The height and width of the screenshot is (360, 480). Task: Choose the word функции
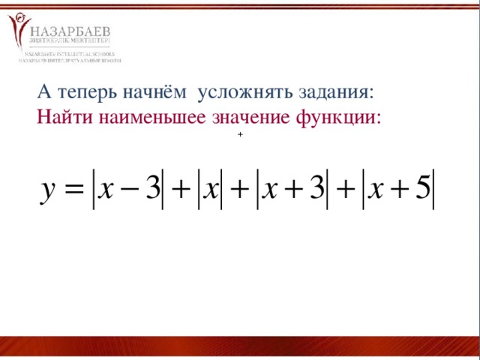[x=340, y=118]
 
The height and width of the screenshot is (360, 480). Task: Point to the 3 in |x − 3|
[x=154, y=187]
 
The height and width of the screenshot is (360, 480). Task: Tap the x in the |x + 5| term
[x=375, y=188]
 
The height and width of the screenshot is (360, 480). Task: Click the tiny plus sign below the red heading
[x=239, y=134]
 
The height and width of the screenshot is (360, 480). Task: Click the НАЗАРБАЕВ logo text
[x=71, y=30]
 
